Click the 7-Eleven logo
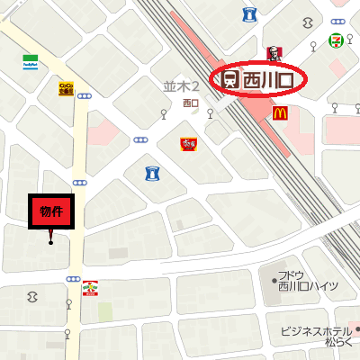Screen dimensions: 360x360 [335, 40]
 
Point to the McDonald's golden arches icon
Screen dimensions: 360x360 [280, 112]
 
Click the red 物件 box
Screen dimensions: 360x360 [50, 212]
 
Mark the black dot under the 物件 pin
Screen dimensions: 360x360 [50, 241]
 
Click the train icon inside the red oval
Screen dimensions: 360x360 [230, 80]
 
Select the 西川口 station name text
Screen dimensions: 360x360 [269, 80]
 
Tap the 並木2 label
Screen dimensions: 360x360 [181, 87]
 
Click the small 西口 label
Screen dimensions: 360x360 [189, 103]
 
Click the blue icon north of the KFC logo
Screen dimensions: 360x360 [248, 13]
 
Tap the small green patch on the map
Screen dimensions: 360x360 [105, 310]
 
